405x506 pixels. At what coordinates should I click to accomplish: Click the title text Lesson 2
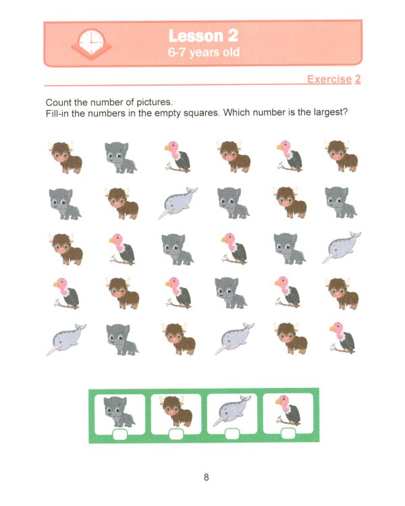click(x=203, y=36)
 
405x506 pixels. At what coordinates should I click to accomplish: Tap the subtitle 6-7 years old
click(x=203, y=52)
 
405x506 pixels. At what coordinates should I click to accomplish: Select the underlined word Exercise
click(x=329, y=80)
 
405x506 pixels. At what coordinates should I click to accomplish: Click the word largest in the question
click(x=327, y=112)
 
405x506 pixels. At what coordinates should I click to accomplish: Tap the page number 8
click(x=206, y=478)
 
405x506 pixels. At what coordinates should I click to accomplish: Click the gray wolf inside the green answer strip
click(x=119, y=411)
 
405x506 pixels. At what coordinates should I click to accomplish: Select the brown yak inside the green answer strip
click(x=175, y=411)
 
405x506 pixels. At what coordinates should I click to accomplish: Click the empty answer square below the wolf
click(x=119, y=433)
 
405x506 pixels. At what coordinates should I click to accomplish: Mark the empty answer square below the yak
click(x=175, y=433)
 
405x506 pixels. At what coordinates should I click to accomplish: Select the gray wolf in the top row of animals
click(x=121, y=157)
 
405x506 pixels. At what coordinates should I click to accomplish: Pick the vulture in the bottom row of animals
click(x=342, y=337)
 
